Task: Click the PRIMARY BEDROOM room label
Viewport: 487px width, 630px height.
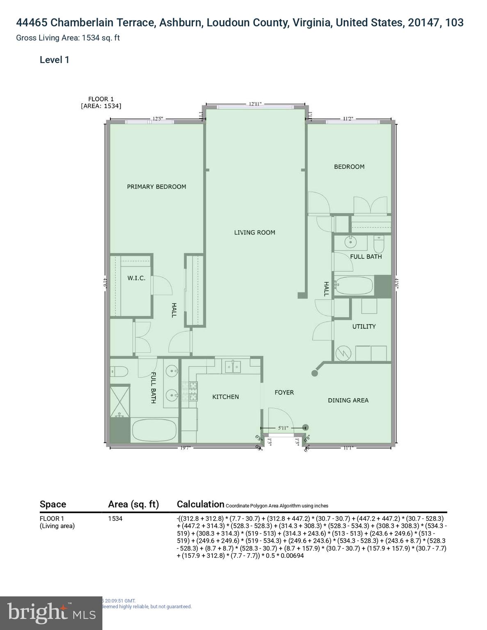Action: (156, 187)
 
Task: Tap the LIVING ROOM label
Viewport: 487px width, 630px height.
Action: (254, 233)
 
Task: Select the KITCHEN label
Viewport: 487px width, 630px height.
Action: (225, 397)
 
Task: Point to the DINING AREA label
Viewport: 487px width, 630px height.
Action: (348, 400)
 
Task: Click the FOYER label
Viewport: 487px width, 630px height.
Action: (284, 393)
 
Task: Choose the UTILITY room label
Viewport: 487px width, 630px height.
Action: (364, 326)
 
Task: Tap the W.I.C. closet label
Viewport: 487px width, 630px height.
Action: (136, 278)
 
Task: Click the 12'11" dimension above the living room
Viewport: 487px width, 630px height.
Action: (255, 104)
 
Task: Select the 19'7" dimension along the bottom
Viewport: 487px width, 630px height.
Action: (186, 448)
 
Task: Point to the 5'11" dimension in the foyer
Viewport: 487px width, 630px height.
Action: (283, 428)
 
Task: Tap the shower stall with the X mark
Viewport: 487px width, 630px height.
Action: (120, 400)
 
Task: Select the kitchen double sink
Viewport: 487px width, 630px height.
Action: (233, 366)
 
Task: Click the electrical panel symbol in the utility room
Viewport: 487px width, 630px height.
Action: (343, 353)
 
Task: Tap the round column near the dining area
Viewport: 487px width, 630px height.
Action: (315, 373)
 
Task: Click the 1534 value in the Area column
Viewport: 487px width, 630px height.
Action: (115, 518)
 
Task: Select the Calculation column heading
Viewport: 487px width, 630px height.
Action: (200, 504)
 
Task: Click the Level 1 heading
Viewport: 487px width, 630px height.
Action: (54, 60)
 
